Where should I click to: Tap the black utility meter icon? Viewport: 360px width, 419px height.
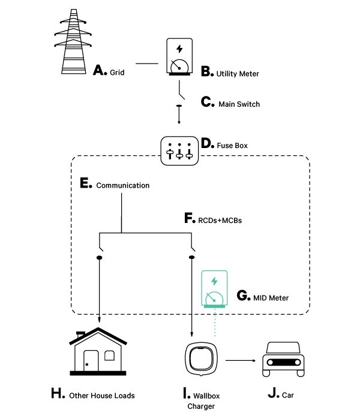click(179, 57)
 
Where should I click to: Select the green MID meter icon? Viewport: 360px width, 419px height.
click(214, 289)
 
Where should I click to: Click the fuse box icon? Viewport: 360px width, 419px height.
click(179, 151)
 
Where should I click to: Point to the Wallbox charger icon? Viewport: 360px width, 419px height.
click(201, 359)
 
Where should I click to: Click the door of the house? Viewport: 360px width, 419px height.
click(91, 360)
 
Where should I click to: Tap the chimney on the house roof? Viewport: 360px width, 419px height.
click(81, 334)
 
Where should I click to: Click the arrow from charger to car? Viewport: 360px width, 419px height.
click(241, 360)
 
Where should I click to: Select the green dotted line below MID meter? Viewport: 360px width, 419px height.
click(215, 322)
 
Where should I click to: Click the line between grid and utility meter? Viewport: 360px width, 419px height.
click(147, 64)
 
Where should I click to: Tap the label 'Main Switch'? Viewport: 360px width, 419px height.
click(239, 104)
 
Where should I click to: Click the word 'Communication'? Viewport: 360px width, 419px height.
click(123, 185)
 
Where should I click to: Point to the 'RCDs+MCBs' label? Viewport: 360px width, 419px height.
click(220, 221)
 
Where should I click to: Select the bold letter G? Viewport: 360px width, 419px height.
click(242, 296)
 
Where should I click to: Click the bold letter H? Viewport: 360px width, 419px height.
click(57, 393)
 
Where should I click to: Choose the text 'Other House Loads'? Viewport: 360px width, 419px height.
click(102, 396)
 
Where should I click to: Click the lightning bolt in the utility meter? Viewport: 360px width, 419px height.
click(179, 49)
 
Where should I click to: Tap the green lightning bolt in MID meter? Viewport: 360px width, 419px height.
click(214, 281)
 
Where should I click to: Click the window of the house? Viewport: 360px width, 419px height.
click(109, 355)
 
